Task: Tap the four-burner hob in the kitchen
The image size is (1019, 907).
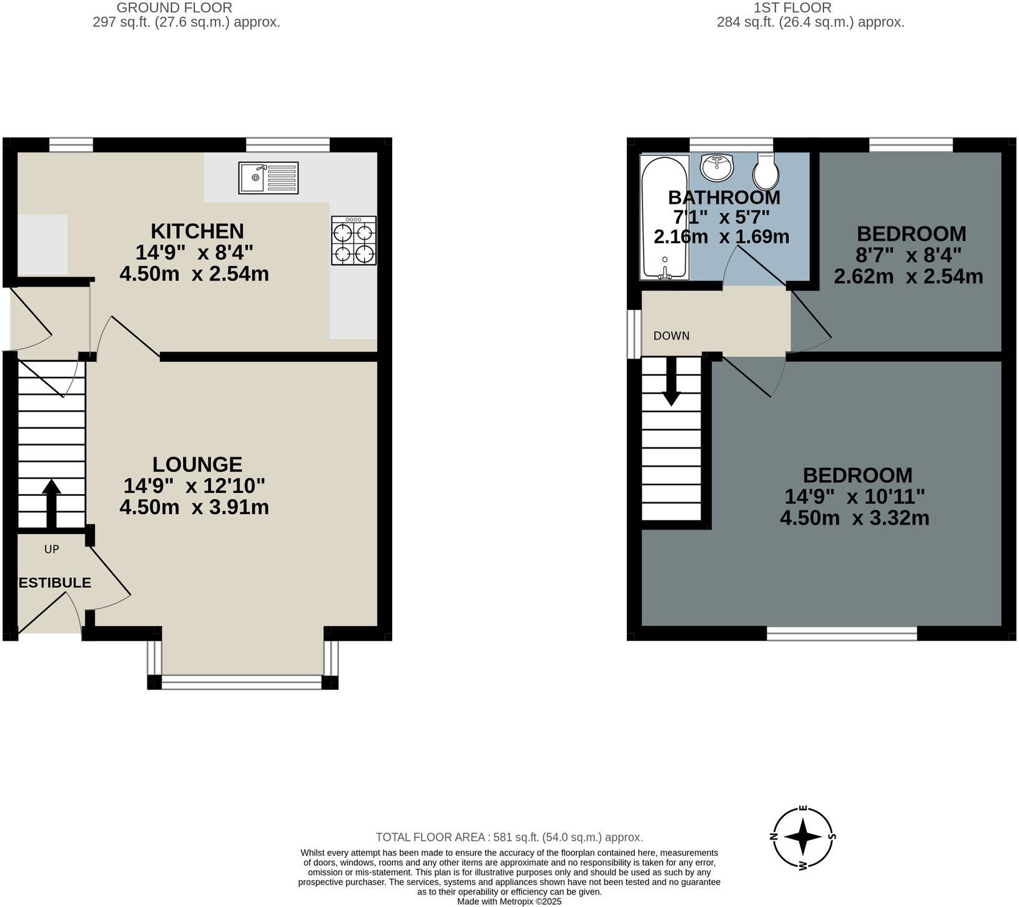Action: point(354,240)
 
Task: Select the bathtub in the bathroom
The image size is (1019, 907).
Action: point(664,217)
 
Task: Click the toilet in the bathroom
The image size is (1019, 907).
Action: point(765,172)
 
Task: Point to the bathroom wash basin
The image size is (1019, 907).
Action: point(717,166)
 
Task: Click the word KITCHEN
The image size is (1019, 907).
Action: point(197,231)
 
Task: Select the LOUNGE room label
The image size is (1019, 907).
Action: point(197,464)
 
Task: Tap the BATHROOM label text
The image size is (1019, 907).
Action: point(724,197)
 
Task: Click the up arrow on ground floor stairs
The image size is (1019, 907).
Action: point(51,503)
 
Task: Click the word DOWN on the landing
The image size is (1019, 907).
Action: point(671,336)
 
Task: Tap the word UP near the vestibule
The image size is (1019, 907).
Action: point(51,549)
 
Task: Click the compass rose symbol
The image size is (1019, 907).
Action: point(803,837)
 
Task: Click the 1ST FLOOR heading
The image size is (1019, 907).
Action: point(792,7)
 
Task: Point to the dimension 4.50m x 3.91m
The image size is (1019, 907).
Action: point(194,507)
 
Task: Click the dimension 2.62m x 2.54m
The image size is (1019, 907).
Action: point(908,276)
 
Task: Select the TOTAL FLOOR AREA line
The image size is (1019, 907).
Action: point(509,837)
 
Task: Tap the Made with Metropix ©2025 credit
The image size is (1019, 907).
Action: point(509,901)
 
